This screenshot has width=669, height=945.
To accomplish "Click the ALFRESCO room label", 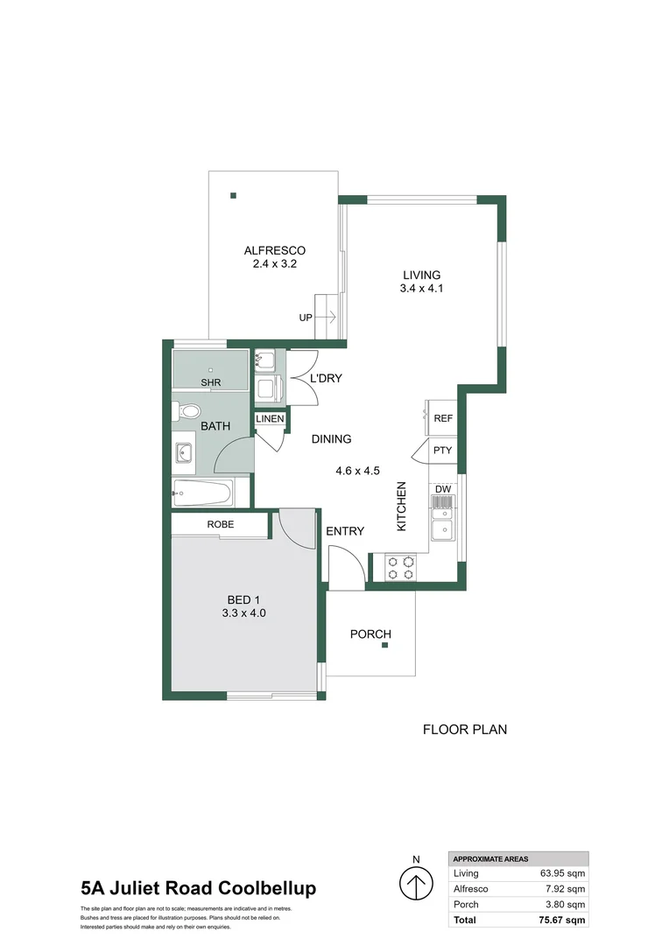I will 274,251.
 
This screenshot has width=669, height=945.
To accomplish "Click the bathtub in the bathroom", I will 201,493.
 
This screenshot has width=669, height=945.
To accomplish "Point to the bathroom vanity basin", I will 185,453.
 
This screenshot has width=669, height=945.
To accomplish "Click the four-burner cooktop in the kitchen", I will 400,567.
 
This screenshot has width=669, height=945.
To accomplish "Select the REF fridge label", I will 443,418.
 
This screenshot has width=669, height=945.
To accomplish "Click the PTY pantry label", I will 443,451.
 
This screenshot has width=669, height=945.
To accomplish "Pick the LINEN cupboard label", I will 270,419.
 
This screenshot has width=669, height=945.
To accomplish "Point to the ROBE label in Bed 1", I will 220,524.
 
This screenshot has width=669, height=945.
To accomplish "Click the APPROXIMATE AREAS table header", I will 490,859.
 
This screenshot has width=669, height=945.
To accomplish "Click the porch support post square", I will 385,647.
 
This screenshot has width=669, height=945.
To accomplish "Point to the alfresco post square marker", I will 233,196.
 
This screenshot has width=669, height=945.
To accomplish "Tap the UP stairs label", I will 305,318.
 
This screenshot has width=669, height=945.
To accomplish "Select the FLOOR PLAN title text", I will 464,729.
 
